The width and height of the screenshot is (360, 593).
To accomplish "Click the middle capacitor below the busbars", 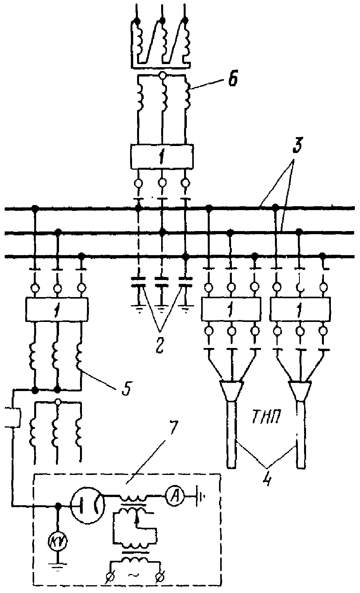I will [x=161, y=282].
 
